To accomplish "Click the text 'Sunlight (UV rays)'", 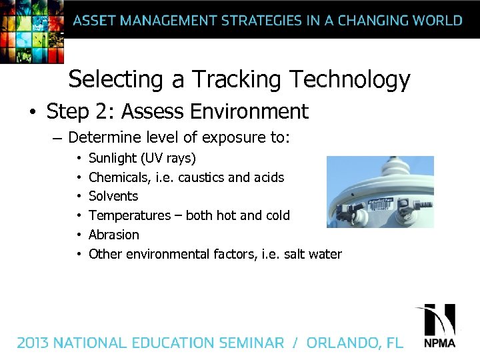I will (x=142, y=159).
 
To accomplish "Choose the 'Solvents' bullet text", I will (x=113, y=196).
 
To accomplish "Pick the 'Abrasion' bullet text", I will (x=114, y=235).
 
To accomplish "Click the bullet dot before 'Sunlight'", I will (x=78, y=159).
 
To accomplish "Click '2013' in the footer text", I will (x=33, y=343).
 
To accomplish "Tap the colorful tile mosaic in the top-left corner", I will (x=30, y=30).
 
